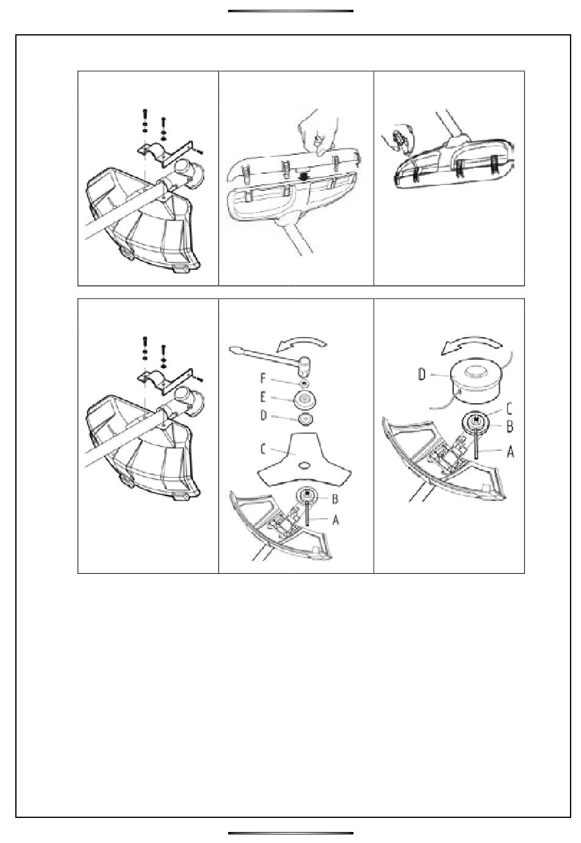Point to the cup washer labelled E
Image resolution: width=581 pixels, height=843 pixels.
tap(304, 401)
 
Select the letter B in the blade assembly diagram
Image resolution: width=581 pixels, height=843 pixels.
tap(335, 499)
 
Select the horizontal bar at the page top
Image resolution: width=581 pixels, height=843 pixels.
tap(290, 11)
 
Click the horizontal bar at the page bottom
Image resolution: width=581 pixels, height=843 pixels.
tap(290, 833)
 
